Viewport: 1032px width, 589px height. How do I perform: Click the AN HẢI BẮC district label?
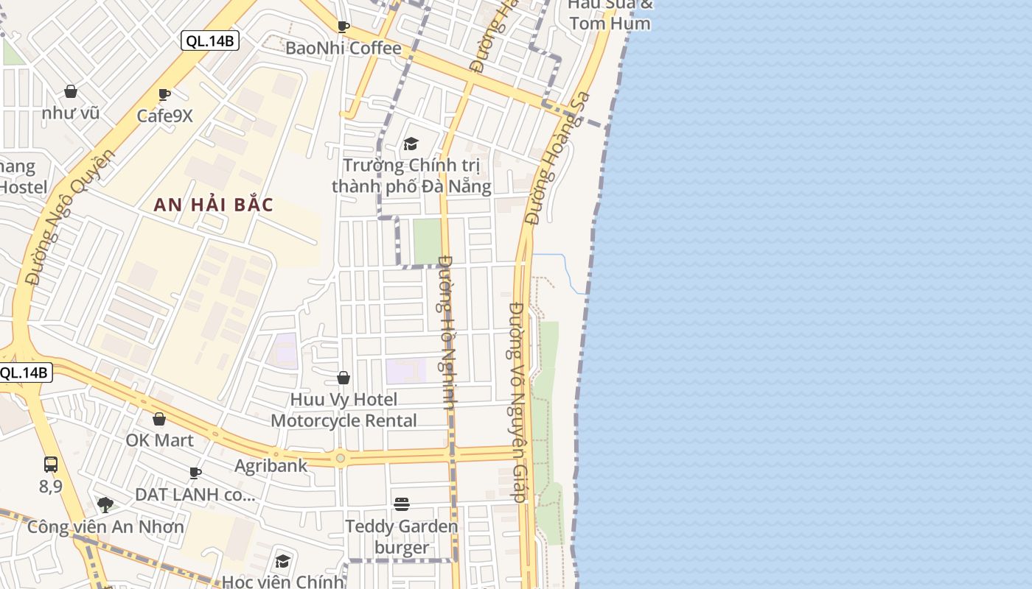click(213, 205)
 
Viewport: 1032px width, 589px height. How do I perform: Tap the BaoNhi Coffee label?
click(344, 49)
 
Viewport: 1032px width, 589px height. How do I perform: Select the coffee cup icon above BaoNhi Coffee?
click(344, 27)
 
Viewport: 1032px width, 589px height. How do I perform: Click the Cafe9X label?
click(164, 116)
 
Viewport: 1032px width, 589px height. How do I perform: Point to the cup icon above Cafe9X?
click(164, 94)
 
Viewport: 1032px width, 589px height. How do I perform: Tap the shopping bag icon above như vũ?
click(71, 91)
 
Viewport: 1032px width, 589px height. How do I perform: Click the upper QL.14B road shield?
click(210, 41)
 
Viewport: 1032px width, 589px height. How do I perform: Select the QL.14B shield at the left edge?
click(24, 373)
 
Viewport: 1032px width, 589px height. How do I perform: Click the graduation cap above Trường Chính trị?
click(411, 144)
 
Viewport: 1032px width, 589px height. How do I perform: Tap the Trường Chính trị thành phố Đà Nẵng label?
click(411, 175)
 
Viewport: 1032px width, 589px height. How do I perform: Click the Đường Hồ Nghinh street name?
click(447, 331)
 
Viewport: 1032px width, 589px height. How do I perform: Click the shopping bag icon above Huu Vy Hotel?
click(344, 378)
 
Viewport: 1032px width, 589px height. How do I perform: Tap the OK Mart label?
click(159, 440)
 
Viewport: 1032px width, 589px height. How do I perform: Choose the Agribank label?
click(271, 466)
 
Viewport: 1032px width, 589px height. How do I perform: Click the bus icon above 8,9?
click(51, 465)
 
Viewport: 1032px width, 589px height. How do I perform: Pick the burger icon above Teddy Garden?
click(402, 504)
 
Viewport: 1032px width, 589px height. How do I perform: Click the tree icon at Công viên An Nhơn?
click(105, 505)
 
